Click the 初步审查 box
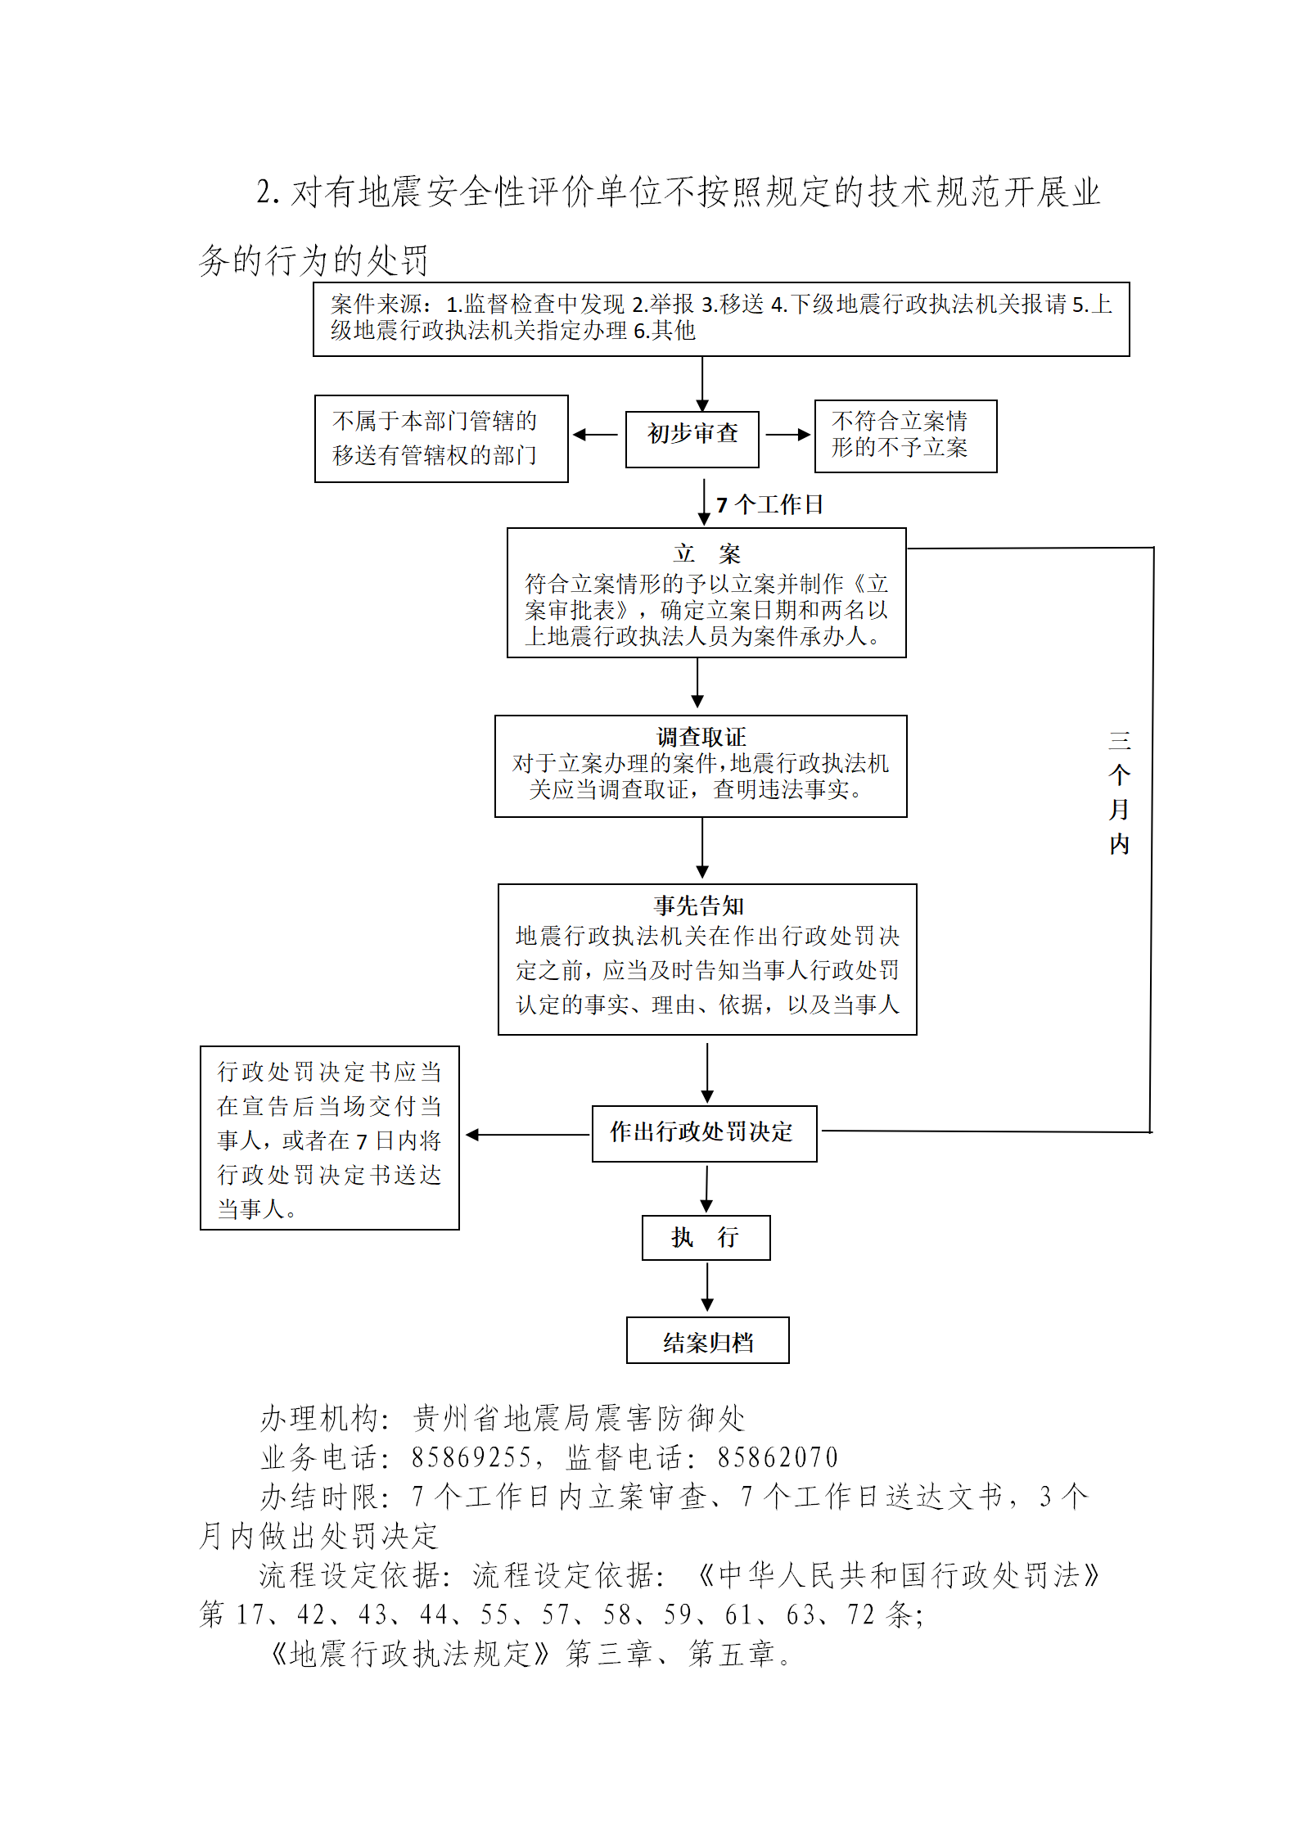tap(692, 440)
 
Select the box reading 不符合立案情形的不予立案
tap(905, 436)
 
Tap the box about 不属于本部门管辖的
tap(441, 439)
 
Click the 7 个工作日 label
tap(769, 504)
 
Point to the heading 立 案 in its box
tap(706, 554)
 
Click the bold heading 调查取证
tap(701, 736)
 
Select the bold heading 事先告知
tap(699, 905)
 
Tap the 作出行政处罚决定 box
tap(705, 1134)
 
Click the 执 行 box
tap(706, 1237)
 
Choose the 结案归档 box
tap(708, 1340)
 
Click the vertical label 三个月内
tap(1119, 793)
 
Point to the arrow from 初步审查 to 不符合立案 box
tap(787, 435)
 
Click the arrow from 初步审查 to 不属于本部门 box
tap(595, 435)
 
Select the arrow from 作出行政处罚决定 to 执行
tap(706, 1188)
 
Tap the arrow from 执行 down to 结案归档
tap(707, 1287)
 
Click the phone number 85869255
tap(471, 1457)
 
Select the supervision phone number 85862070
tap(778, 1457)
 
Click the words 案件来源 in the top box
tap(377, 305)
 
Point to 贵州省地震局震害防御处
tap(579, 1418)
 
